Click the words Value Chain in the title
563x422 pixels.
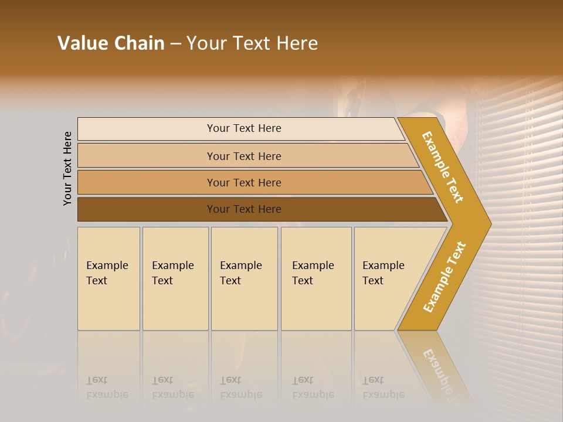pos(111,43)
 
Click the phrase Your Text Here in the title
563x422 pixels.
pos(252,43)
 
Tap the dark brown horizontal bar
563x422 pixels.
pos(147,209)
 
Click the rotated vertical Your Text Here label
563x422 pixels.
pos(67,168)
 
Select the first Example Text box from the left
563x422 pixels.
pos(108,278)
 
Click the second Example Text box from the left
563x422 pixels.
pos(175,278)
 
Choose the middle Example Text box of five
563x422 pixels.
pos(244,278)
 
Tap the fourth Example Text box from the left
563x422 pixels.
pos(316,278)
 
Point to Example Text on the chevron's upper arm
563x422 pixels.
pos(443,167)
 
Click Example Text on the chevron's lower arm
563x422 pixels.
pos(445,277)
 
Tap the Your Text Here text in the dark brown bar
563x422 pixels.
pos(244,209)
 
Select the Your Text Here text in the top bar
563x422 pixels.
pos(244,128)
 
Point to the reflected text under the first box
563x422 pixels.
pos(107,388)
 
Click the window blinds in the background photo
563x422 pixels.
pos(522,234)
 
